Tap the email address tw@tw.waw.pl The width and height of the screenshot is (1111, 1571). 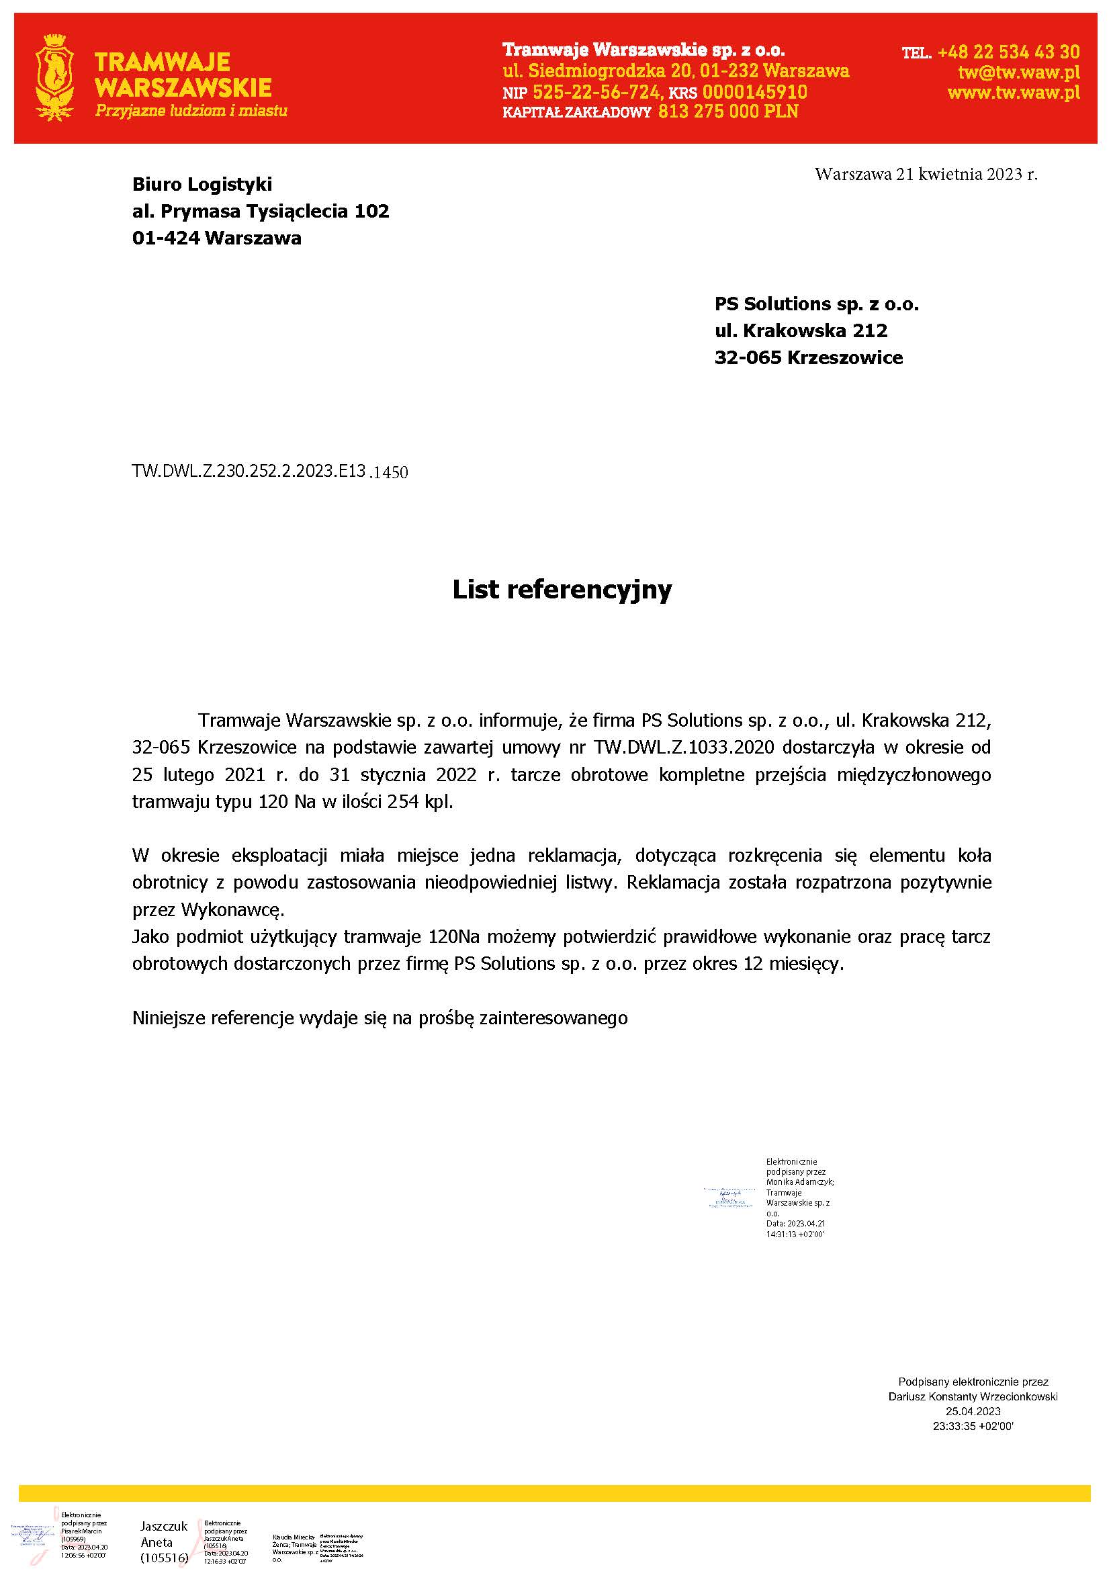[1019, 72]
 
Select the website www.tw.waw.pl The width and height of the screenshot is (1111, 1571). [1013, 92]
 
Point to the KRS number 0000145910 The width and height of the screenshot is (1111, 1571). [754, 92]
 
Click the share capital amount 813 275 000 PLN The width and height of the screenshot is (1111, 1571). [728, 111]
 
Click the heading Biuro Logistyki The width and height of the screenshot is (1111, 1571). [202, 184]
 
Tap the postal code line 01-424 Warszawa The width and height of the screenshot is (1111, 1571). [216, 238]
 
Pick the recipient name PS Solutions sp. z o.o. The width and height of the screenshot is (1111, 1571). [816, 304]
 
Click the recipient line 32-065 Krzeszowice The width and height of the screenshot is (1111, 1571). [808, 357]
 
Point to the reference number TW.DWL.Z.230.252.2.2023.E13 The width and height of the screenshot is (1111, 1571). [249, 471]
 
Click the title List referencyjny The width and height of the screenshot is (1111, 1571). [562, 589]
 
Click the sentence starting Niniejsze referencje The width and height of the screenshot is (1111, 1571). [380, 1018]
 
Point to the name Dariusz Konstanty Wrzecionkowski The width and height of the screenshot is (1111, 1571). [972, 1396]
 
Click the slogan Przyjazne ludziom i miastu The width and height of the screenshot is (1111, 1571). [191, 111]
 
